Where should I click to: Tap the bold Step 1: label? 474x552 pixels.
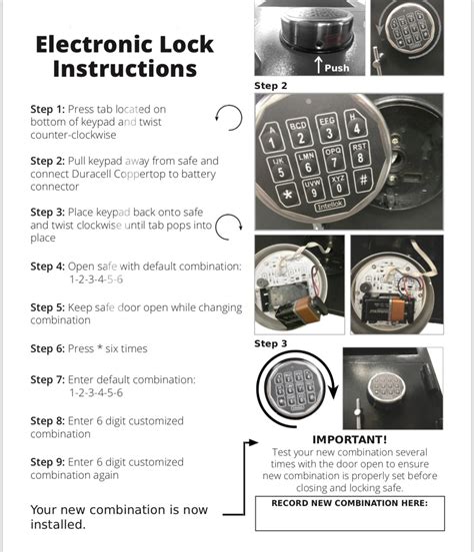[47, 109]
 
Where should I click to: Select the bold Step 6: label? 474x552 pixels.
[47, 349]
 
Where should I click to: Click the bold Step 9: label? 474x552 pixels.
[47, 462]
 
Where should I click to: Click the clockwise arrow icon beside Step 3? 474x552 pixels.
[229, 228]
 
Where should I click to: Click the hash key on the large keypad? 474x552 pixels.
[362, 180]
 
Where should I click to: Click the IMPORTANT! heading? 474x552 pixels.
[349, 439]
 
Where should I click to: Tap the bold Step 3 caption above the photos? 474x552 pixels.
[271, 342]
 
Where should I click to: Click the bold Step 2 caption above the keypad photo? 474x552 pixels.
[271, 86]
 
